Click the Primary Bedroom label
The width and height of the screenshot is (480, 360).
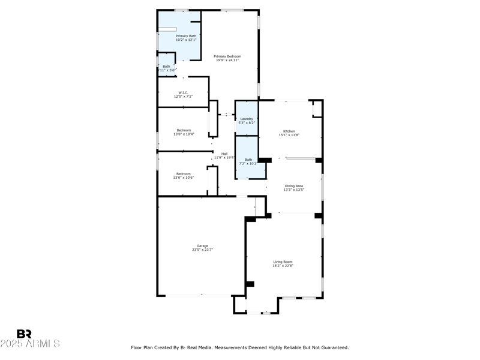coord(227,56)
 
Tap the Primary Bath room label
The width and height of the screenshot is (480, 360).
coord(186,36)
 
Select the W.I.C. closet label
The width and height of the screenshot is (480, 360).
coord(184,92)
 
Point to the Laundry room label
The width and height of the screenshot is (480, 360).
coord(247,119)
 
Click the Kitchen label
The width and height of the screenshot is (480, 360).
coord(289,131)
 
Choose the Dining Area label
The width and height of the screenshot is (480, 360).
coord(294,186)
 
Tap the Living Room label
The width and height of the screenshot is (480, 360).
coord(283,262)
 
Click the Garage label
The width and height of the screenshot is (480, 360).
coord(203,245)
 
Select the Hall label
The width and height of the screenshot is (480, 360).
coord(224,154)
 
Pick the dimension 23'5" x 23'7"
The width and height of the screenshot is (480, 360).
coord(203,250)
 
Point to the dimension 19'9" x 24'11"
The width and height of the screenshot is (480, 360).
coord(227,60)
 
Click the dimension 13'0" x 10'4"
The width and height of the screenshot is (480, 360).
coord(184,134)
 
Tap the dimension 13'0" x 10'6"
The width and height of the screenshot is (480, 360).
coord(184,178)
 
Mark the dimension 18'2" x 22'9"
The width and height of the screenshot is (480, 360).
coord(283,266)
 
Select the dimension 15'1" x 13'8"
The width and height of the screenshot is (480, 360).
coord(289,135)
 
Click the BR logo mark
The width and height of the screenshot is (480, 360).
coord(24,334)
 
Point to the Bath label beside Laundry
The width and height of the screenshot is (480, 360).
coord(248,160)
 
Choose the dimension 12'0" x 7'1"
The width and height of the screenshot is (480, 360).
coord(184,97)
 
